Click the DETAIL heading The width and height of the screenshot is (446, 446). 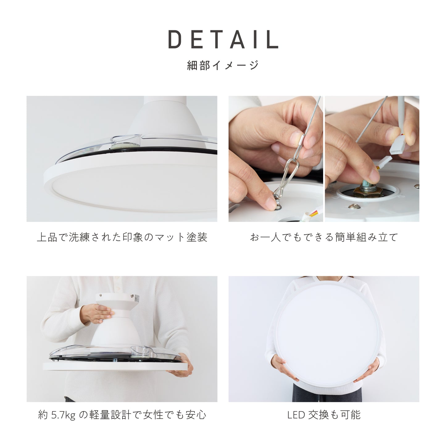point(223,39)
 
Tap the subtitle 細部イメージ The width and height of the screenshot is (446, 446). point(223,65)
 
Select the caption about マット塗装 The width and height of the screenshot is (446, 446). point(122,237)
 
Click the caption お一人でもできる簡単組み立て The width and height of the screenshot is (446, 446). point(324,237)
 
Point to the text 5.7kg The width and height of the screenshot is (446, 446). point(63,415)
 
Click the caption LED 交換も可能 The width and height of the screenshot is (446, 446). point(324,415)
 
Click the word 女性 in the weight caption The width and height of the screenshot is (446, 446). point(153,415)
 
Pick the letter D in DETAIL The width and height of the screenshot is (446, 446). point(175,39)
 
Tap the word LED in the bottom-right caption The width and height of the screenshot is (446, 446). point(296,415)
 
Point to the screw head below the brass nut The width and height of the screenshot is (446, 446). point(354,206)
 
